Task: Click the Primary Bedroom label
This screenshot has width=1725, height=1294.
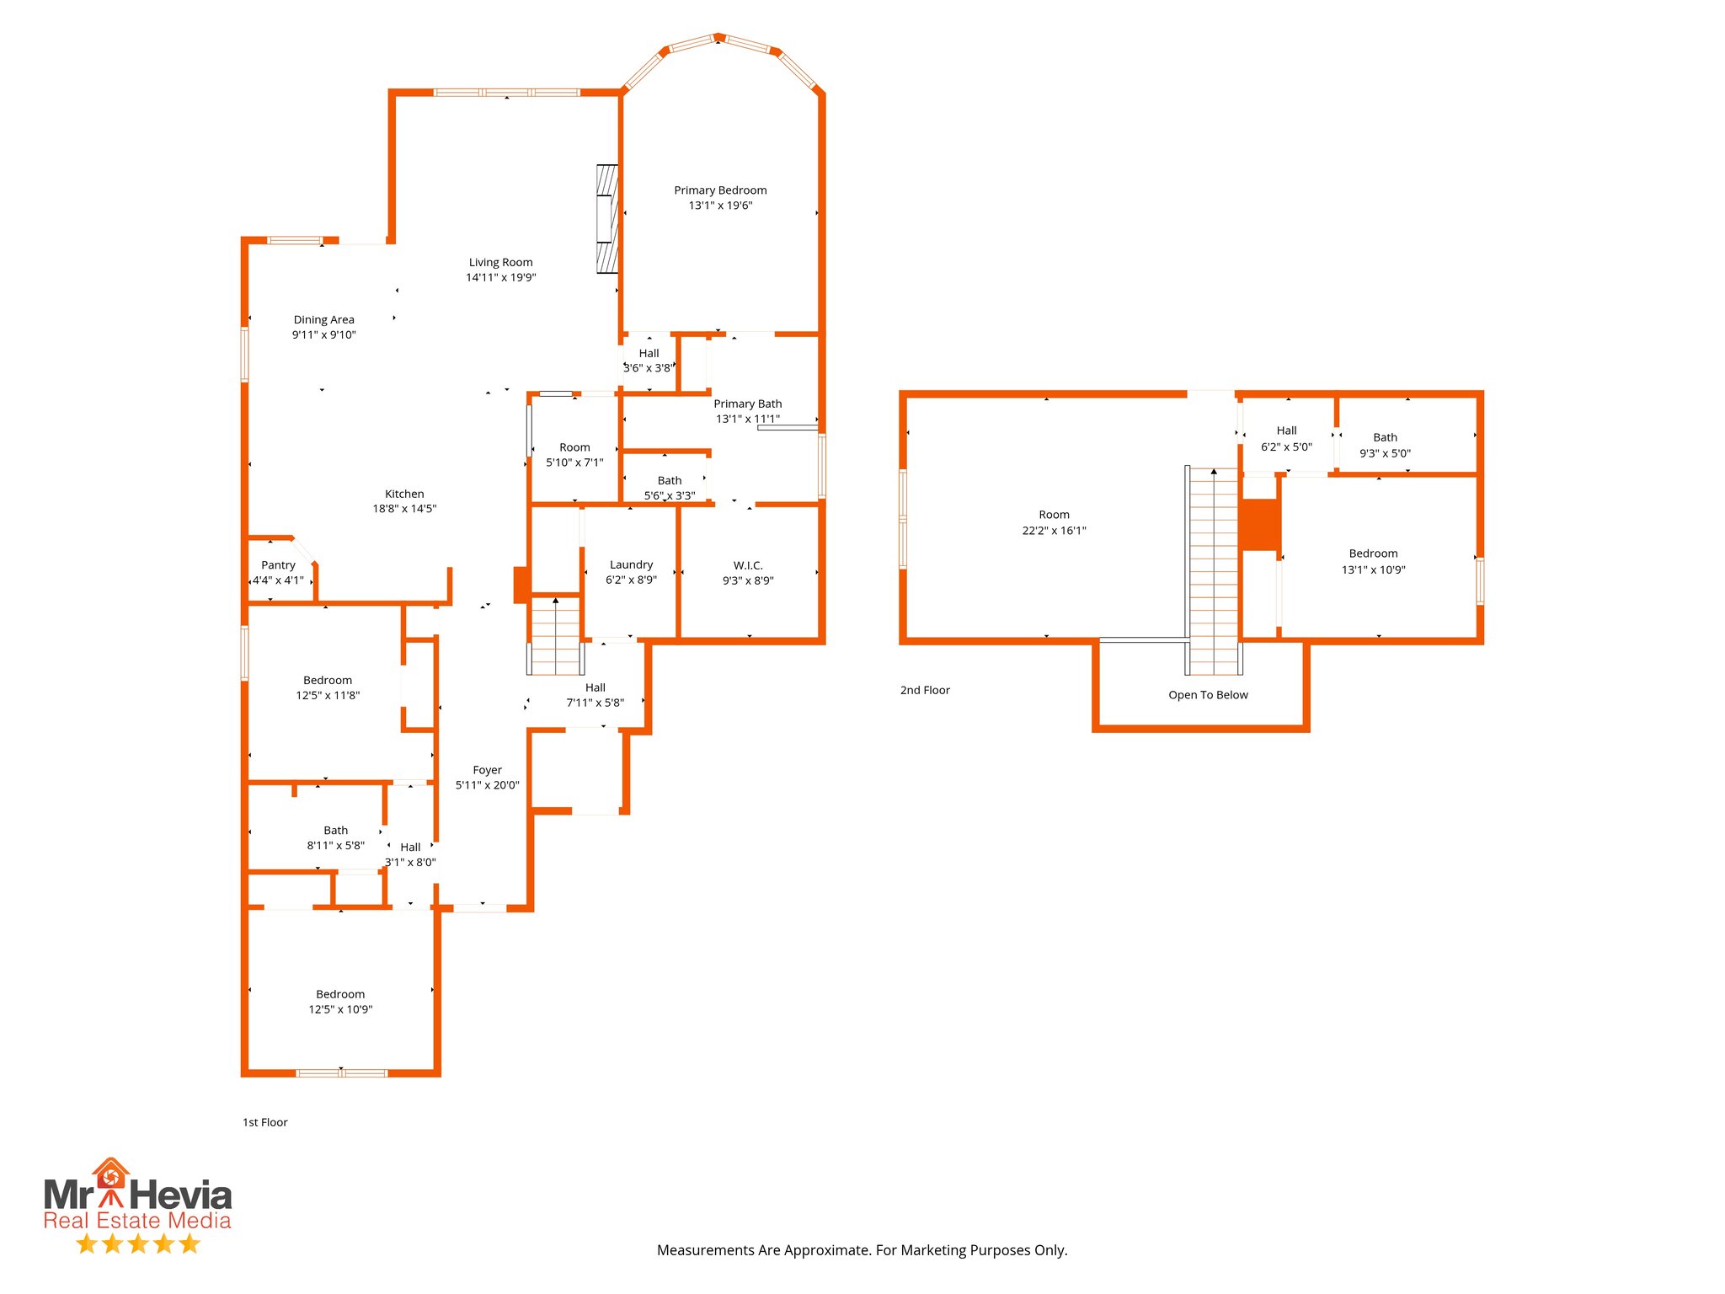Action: [x=720, y=190]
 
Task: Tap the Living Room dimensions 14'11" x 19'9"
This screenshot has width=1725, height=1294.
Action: [x=501, y=277]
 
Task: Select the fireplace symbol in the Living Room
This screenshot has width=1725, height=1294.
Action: [x=607, y=219]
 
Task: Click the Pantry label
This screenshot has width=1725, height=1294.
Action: [x=278, y=565]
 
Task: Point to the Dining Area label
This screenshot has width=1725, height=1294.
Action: [x=323, y=319]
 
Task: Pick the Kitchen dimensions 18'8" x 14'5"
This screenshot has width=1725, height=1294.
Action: [x=404, y=509]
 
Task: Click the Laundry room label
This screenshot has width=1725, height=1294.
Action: [x=631, y=564]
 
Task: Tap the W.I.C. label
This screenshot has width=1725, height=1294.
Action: [x=748, y=565]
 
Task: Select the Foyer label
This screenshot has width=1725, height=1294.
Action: [x=487, y=770]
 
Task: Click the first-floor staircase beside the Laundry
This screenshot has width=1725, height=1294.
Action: [x=556, y=636]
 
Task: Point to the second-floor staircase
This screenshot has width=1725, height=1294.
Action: [x=1214, y=573]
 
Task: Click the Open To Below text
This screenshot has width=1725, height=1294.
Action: [x=1208, y=695]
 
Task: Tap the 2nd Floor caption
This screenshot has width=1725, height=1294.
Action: [x=925, y=690]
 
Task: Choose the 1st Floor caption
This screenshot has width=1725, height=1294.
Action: [x=265, y=1122]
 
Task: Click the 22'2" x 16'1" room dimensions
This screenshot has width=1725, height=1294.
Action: [x=1054, y=531]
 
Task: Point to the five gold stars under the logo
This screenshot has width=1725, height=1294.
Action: [x=138, y=1243]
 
